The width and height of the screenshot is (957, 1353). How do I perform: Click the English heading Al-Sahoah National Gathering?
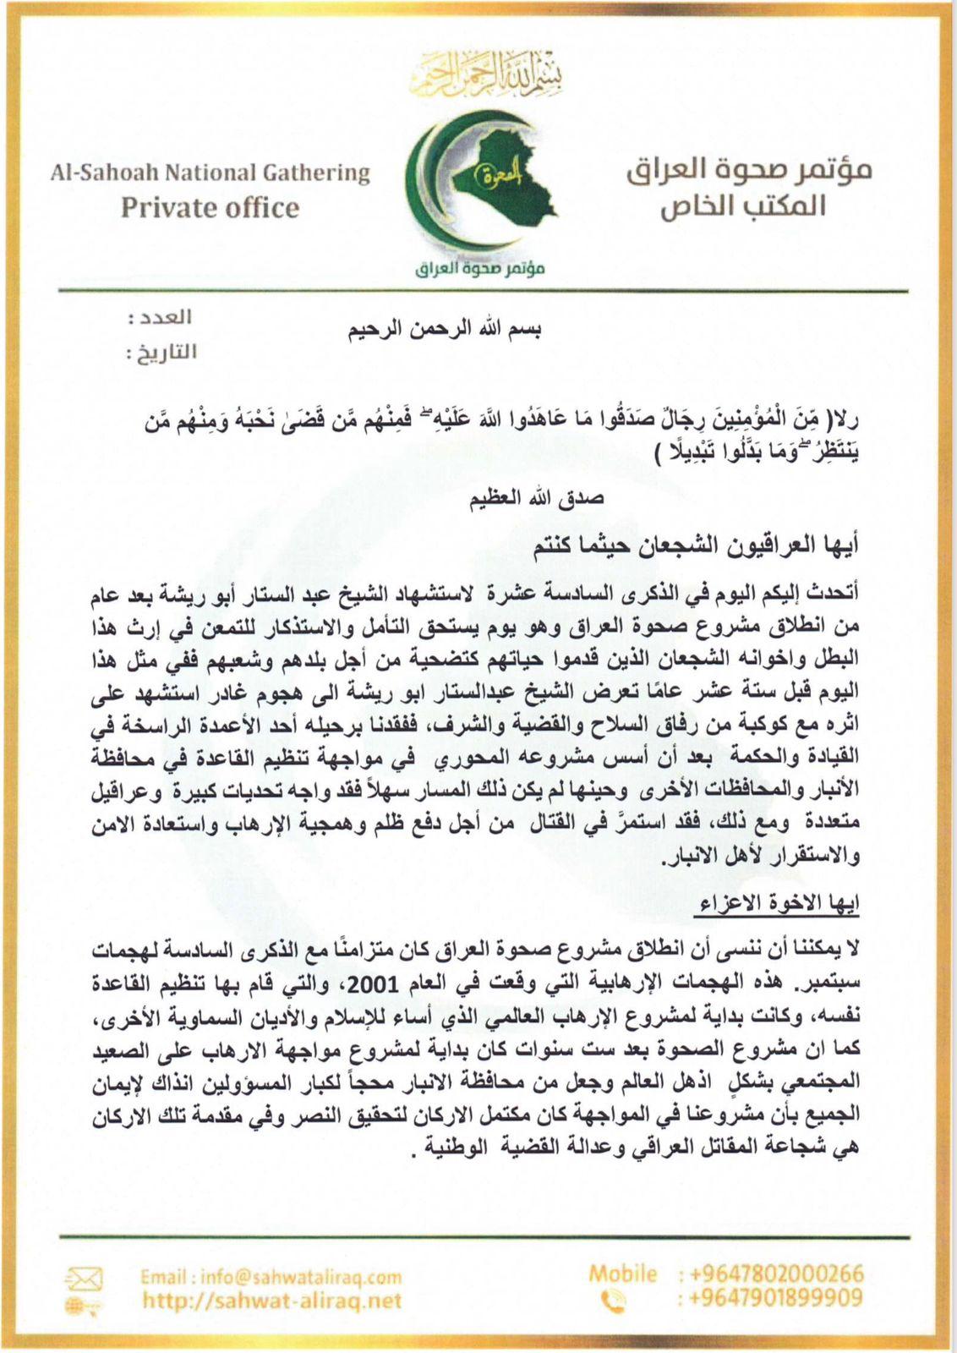coord(210,173)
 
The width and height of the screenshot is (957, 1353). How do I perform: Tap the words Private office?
coord(210,208)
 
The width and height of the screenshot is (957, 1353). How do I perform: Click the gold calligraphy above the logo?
coord(485,74)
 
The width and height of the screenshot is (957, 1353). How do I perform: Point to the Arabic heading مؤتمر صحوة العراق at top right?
coord(749,169)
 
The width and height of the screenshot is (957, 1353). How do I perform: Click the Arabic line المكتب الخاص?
coord(743,205)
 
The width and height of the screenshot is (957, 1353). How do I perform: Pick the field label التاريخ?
coord(161,352)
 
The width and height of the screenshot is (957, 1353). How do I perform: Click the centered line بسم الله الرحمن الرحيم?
coord(445,330)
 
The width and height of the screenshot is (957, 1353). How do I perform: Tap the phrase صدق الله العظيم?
coord(537,498)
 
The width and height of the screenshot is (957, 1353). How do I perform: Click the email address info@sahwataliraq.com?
coord(271,1277)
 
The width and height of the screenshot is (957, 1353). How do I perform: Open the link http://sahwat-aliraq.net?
coord(271,1301)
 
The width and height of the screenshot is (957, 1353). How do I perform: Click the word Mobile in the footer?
coord(623,1274)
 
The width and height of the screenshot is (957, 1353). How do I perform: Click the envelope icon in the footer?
coord(84,1279)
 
